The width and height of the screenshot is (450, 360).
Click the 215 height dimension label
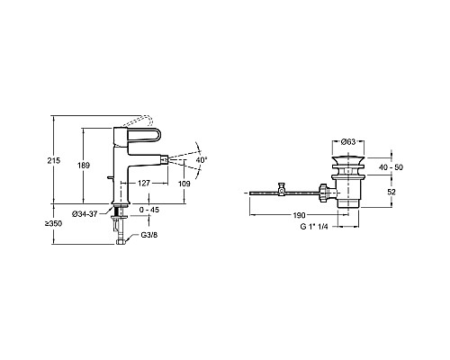pos(54,160)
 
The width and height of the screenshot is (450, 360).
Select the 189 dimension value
pos(84,166)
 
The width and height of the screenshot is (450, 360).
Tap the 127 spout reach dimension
pos(144,183)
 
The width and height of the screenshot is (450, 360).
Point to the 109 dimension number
pos(184,184)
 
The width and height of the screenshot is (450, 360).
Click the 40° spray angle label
pos(202,160)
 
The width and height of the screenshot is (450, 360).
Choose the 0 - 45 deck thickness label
pos(149,210)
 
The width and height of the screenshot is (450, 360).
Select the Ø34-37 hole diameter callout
pos(85,214)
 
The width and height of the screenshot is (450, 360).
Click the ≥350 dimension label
pos(53,223)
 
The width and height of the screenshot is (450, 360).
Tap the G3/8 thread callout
pos(149,235)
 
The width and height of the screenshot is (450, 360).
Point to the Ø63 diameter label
pos(348,141)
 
